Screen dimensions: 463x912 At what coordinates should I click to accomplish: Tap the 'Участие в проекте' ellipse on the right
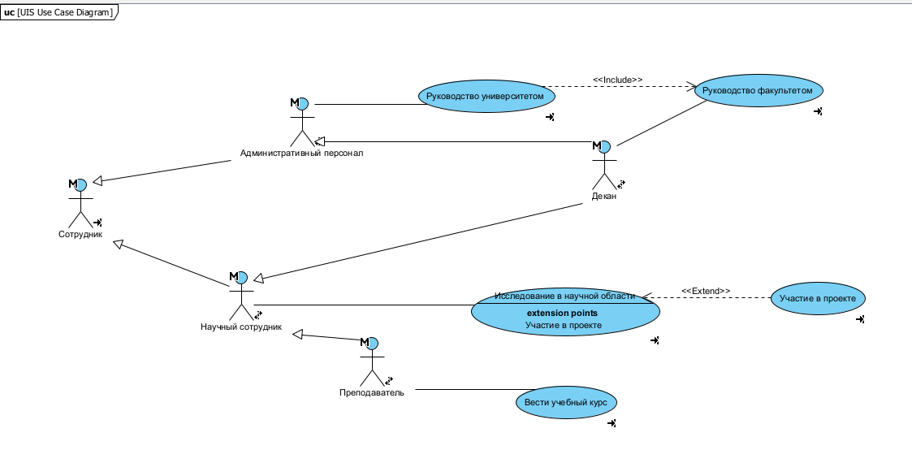pos(818,298)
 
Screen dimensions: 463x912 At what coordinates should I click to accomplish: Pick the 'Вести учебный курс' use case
pos(567,402)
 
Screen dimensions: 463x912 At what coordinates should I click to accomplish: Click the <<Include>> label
pos(617,80)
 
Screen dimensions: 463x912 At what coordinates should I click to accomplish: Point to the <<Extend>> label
pos(705,291)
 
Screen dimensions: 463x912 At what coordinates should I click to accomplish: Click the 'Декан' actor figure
pos(603,166)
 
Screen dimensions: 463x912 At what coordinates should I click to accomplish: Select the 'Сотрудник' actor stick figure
pos(80,204)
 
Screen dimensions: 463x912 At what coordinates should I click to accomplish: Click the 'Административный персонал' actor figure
pos(301,122)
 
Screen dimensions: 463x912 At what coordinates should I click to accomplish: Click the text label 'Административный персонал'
pos(301,153)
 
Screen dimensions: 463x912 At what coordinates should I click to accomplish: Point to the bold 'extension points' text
pos(562,313)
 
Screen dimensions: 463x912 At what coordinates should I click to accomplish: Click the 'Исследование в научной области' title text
pos(564,296)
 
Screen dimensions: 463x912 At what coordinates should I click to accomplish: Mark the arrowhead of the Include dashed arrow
pos(692,85)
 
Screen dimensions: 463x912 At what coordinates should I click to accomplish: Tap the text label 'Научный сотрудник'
pos(241,327)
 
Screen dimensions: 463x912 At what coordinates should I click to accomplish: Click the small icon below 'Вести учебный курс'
pos(612,423)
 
